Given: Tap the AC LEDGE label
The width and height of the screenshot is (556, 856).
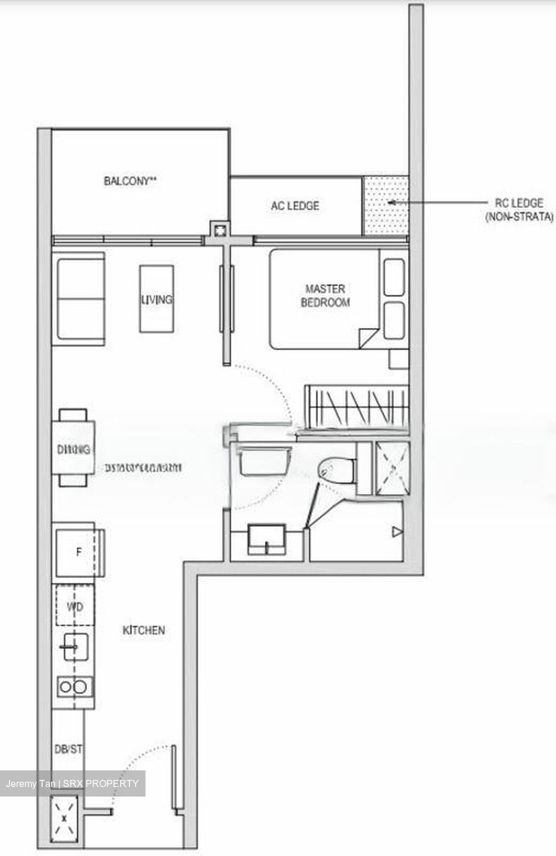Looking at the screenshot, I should point(295,206).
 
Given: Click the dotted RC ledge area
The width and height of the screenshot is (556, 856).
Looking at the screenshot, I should point(386,205).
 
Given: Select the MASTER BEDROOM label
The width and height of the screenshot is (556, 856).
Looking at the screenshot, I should point(325,295).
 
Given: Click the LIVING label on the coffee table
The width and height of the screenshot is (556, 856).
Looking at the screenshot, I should point(157,300).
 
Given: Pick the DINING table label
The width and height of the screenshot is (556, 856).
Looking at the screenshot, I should point(75,450).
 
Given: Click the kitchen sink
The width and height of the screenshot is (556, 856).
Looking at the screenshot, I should point(74,647).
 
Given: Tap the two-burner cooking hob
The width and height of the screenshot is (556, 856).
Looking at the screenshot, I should point(75,687).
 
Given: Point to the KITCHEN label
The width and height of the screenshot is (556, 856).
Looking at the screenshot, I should point(144,630).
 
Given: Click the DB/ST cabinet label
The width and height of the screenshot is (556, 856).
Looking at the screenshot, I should point(68,750).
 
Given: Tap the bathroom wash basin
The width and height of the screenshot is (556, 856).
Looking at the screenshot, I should point(267,538).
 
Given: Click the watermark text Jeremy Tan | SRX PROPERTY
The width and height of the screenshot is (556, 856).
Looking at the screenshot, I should point(72,783).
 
